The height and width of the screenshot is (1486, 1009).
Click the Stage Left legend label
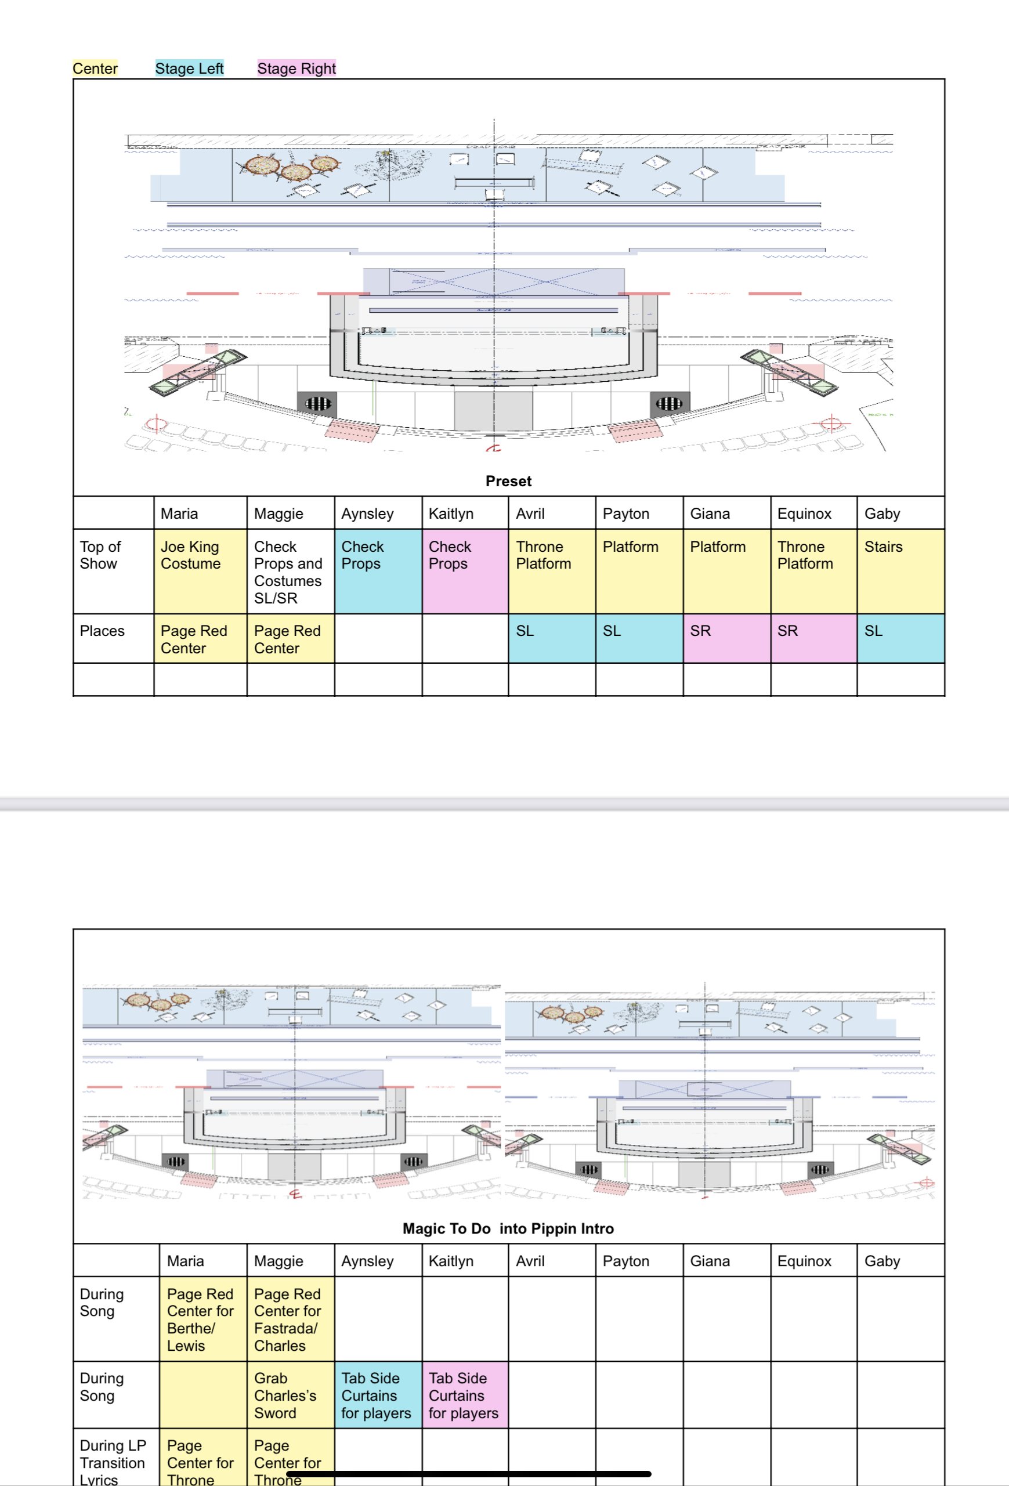(x=189, y=68)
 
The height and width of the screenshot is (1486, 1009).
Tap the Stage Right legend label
(x=296, y=68)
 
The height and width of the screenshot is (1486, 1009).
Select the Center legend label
(x=95, y=68)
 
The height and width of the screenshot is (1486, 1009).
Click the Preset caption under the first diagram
(x=508, y=481)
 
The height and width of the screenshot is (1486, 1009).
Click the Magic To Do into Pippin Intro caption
(x=508, y=1228)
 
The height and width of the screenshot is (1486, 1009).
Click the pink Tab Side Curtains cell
(x=464, y=1395)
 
